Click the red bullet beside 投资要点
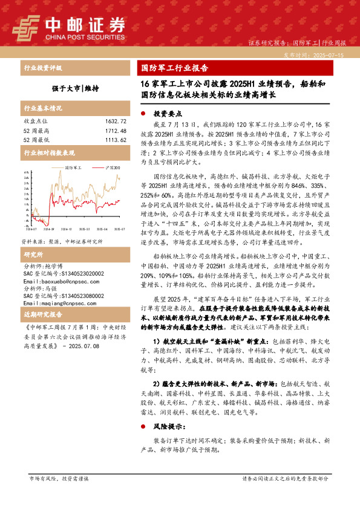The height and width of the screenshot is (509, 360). click(143, 114)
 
